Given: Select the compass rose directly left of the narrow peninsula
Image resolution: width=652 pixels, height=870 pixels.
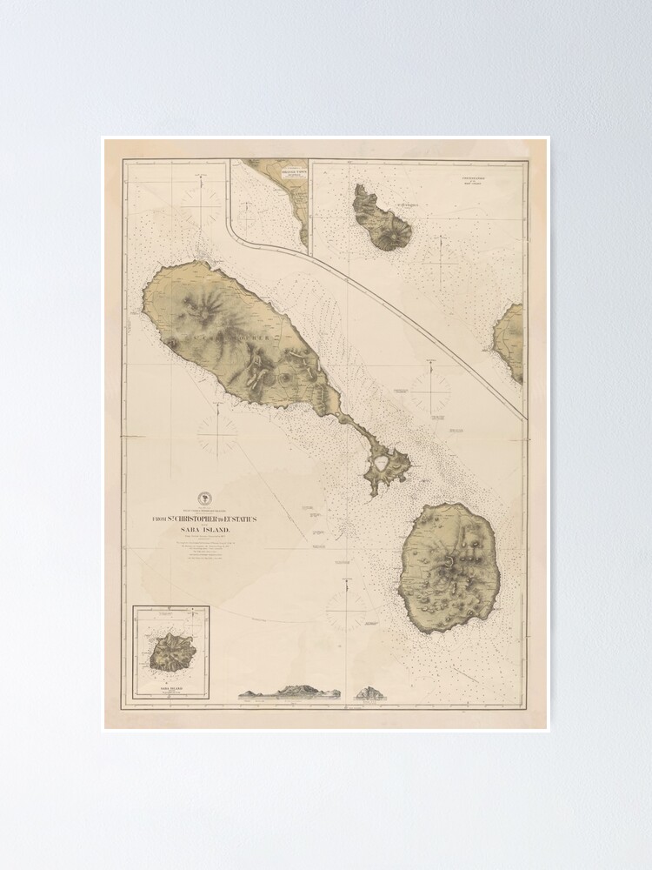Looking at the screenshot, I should tap(217, 432).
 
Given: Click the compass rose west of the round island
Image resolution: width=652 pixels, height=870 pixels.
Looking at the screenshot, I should tap(347, 609).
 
